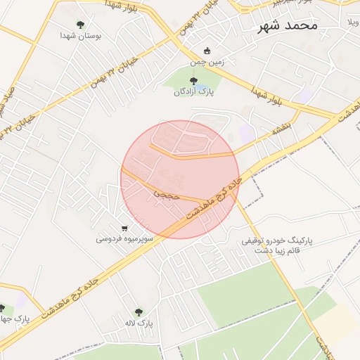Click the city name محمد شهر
click(x=288, y=25)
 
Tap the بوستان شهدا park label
click(x=78, y=35)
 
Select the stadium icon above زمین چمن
click(x=207, y=51)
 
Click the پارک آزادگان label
click(x=194, y=91)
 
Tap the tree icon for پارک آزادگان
click(x=194, y=81)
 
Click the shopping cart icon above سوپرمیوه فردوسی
click(x=124, y=228)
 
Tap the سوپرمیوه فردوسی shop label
click(x=122, y=239)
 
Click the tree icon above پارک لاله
click(x=138, y=312)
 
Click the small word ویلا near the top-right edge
click(x=352, y=22)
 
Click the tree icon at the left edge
click(x=2, y=309)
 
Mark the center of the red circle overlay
click(x=180, y=179)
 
